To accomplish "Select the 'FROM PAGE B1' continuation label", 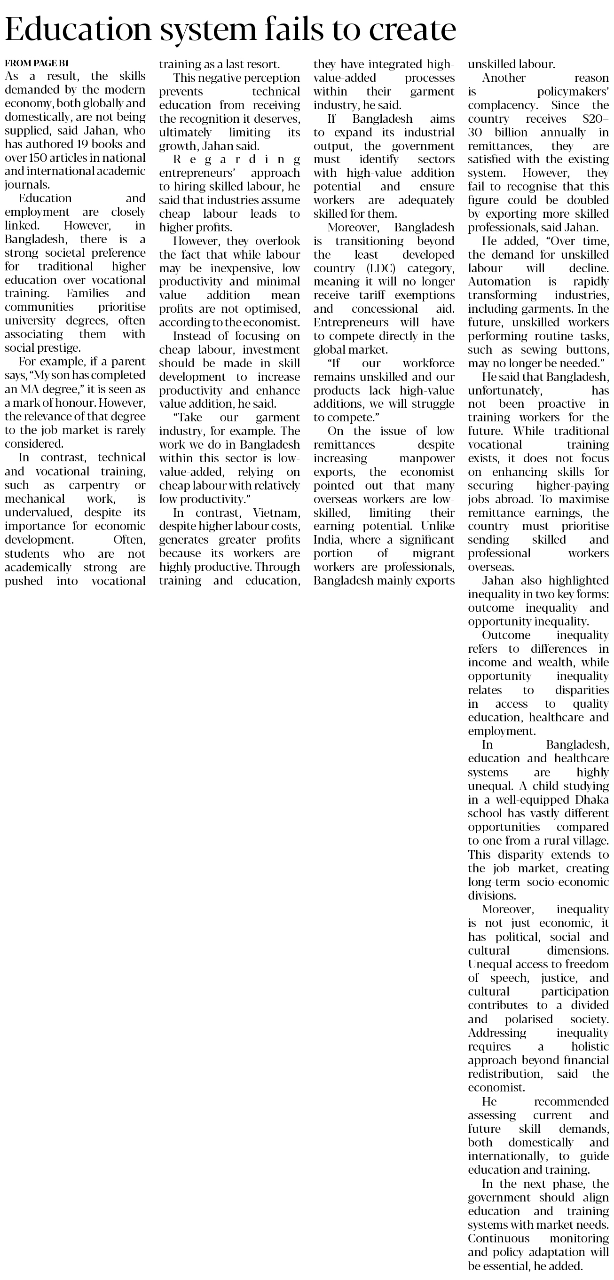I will click(36, 63).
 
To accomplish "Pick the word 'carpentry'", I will click(94, 485).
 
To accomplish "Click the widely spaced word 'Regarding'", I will click(229, 159).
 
